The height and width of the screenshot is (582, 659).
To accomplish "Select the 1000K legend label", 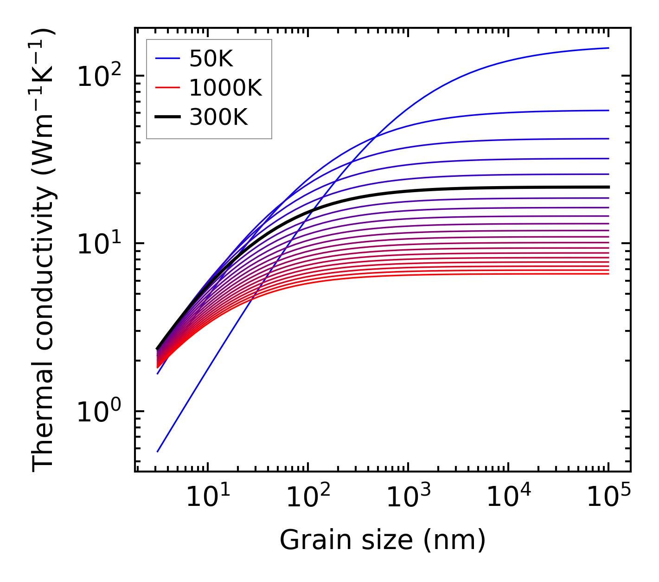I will (225, 88).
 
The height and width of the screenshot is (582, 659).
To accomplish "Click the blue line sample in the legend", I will (167, 58).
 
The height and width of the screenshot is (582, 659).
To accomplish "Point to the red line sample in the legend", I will (167, 88).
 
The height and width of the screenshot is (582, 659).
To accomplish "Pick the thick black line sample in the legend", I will (167, 117).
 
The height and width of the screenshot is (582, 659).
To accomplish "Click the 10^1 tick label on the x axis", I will (207, 498).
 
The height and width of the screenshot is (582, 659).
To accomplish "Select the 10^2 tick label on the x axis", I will (307, 498).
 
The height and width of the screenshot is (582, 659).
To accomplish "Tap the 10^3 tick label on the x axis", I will (408, 498).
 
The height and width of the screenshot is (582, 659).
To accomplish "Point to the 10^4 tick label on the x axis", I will (508, 498).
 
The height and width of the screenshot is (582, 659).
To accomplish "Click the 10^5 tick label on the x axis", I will (608, 498).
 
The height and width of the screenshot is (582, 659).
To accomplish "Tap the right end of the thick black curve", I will (608, 187).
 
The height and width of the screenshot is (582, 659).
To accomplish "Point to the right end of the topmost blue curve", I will (608, 48).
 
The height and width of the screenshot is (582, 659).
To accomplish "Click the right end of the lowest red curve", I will (608, 274).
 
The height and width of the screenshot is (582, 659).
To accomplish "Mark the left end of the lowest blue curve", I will (158, 452).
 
